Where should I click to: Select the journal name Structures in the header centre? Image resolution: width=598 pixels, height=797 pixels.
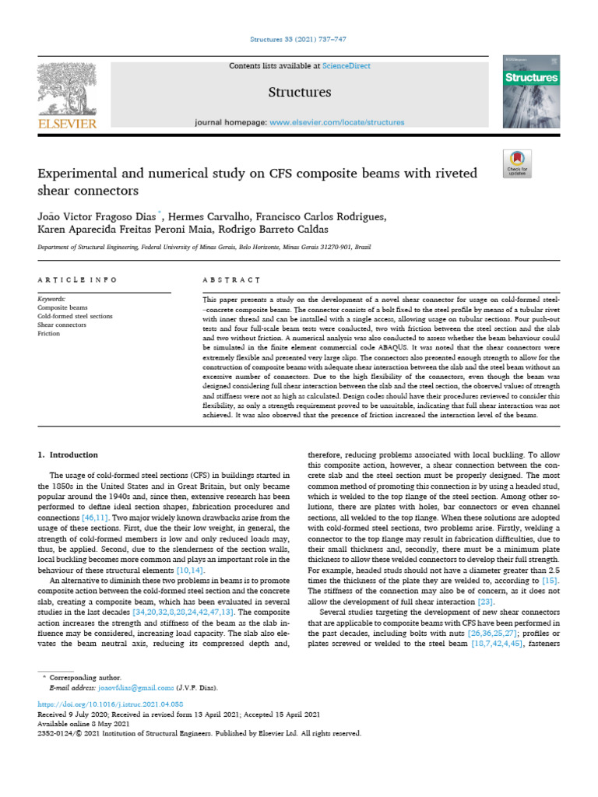pyautogui.click(x=299, y=93)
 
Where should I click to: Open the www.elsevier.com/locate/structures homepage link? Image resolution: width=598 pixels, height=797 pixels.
pyautogui.click(x=337, y=122)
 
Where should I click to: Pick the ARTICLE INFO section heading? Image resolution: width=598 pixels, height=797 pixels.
pyautogui.click(x=78, y=279)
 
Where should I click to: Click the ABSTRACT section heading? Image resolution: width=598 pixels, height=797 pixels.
pyautogui.click(x=231, y=279)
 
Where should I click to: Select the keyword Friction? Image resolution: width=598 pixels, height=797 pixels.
pyautogui.click(x=49, y=332)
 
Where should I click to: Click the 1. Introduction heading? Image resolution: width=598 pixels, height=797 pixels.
pyautogui.click(x=69, y=455)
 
